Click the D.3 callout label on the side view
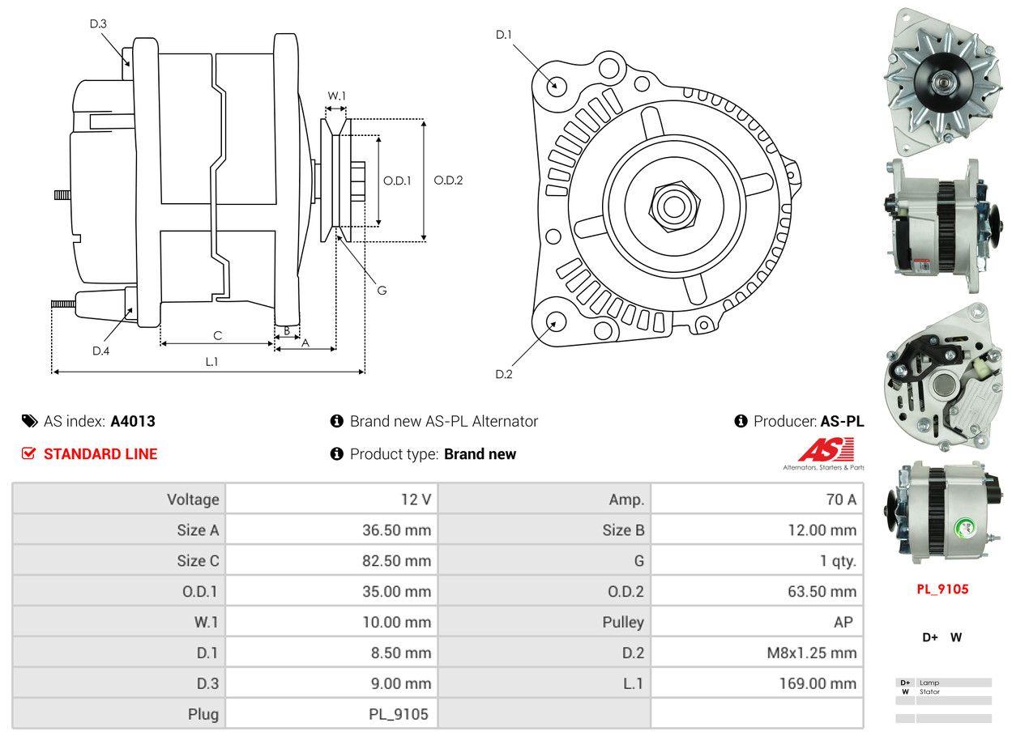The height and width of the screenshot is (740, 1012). [98, 24]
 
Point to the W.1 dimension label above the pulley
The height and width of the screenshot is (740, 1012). [336, 96]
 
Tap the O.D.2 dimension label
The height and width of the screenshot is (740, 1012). [448, 180]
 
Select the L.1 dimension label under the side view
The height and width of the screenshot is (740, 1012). [211, 362]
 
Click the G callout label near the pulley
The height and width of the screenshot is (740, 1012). [382, 289]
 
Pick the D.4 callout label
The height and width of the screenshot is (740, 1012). [100, 351]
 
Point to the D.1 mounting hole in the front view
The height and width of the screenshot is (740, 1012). [557, 85]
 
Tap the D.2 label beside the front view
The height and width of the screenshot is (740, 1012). [504, 373]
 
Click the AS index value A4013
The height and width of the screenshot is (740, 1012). [133, 421]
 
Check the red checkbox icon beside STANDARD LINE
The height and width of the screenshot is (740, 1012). [28, 453]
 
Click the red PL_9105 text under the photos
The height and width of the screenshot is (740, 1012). [942, 589]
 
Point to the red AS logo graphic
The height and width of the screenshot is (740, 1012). [826, 450]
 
